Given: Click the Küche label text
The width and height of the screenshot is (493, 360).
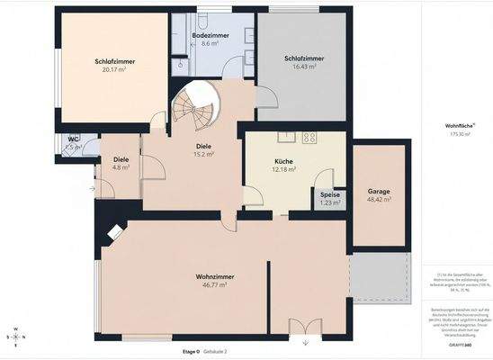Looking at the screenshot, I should (284, 162).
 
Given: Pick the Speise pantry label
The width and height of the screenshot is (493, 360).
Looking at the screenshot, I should (330, 194).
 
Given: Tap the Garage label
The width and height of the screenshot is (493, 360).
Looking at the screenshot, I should (378, 192).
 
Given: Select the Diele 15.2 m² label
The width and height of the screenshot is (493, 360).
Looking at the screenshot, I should (203, 148).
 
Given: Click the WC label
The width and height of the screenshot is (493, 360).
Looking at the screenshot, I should (74, 139).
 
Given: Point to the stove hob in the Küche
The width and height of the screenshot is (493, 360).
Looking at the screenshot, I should (309, 138).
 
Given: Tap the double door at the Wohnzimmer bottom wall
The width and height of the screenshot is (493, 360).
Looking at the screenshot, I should (301, 328).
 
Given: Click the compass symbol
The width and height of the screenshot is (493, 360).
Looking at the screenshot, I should (17, 335).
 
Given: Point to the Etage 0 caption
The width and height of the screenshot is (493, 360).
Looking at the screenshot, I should (190, 351).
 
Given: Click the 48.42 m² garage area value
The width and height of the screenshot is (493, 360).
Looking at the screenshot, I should (378, 200).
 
